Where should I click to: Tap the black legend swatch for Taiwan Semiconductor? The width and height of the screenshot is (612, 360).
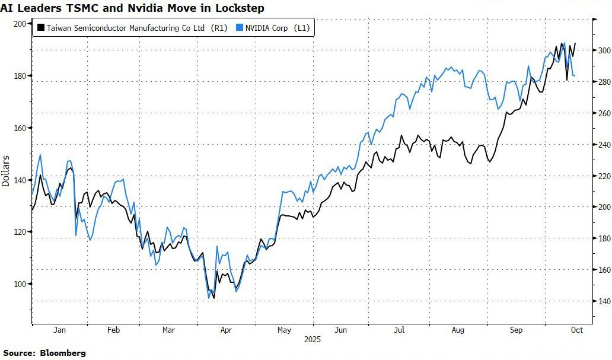pyautogui.click(x=41, y=28)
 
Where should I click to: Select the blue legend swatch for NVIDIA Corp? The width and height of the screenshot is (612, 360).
pyautogui.click(x=240, y=28)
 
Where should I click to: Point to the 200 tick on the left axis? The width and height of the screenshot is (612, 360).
pyautogui.click(x=21, y=24)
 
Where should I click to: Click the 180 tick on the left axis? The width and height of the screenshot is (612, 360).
pyautogui.click(x=21, y=76)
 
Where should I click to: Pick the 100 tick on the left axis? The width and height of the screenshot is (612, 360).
pyautogui.click(x=21, y=284)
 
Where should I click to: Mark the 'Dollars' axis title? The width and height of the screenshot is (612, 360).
pyautogui.click(x=6, y=171)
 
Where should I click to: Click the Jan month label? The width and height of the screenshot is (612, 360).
pyautogui.click(x=59, y=330)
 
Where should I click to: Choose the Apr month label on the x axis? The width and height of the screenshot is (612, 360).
pyautogui.click(x=227, y=330)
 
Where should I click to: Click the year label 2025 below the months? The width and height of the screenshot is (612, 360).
pyautogui.click(x=312, y=340)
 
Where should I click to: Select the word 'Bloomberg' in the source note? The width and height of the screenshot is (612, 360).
pyautogui.click(x=63, y=353)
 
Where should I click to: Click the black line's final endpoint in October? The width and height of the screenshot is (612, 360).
pyautogui.click(x=575, y=43)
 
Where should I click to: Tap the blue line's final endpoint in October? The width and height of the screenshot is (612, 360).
pyautogui.click(x=575, y=75)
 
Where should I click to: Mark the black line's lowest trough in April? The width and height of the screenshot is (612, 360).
pyautogui.click(x=213, y=298)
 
